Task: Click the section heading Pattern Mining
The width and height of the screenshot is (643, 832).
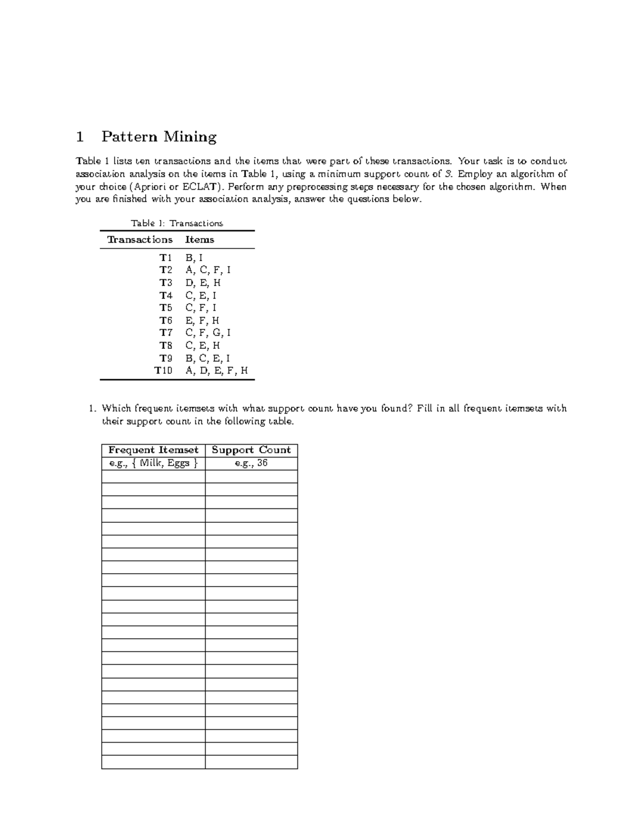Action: coord(159,137)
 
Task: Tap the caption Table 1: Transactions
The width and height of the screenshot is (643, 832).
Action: coord(177,223)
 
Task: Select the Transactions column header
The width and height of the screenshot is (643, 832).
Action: coord(140,239)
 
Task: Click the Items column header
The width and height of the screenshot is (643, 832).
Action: coord(199,239)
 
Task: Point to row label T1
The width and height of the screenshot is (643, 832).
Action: coord(166,258)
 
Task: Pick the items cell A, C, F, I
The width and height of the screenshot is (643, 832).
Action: coord(208,270)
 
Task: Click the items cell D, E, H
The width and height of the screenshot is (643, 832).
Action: coord(203,283)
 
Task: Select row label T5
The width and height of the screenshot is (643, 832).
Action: coord(166,308)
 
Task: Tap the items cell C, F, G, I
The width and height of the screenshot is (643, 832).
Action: coord(208,333)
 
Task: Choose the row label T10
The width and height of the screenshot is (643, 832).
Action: coord(163,370)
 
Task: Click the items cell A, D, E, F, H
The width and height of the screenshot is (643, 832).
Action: coord(216,370)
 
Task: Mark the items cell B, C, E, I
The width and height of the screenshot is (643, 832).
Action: coord(208,358)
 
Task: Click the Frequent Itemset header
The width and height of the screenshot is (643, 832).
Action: coord(153,450)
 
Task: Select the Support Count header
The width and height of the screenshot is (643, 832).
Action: coord(251,450)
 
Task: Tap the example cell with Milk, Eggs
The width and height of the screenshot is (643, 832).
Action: coord(153,463)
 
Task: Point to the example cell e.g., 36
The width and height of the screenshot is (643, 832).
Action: coord(251,463)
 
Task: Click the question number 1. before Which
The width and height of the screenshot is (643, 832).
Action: coord(92,408)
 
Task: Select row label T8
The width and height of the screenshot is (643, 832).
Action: coord(166,346)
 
